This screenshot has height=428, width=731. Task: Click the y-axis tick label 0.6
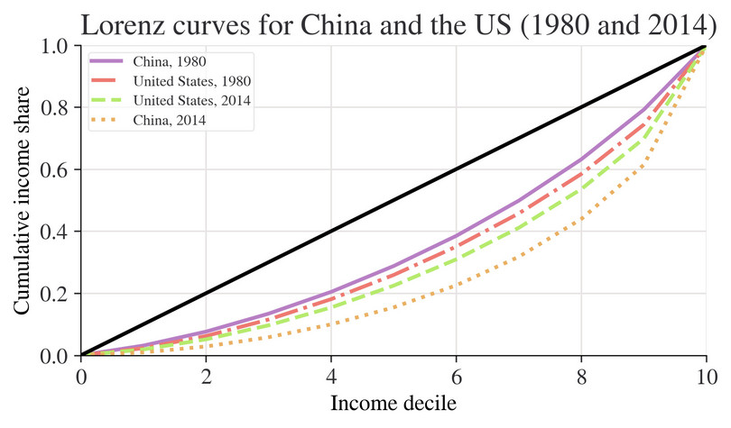pyautogui.click(x=56, y=169)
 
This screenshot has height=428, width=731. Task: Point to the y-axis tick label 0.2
pyautogui.click(x=56, y=294)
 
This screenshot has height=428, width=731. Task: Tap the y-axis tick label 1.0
pyautogui.click(x=56, y=46)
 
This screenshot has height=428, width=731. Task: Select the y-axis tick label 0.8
pyautogui.click(x=56, y=108)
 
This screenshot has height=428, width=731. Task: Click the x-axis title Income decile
pyautogui.click(x=393, y=402)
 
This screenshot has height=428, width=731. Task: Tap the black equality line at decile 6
pyautogui.click(x=457, y=169)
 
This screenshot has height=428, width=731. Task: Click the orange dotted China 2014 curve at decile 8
pyautogui.click(x=581, y=217)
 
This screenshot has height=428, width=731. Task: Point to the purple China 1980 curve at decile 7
pyautogui.click(x=519, y=200)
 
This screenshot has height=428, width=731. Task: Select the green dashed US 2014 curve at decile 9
pyautogui.click(x=643, y=139)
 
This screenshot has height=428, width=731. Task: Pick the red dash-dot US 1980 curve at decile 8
pyautogui.click(x=581, y=174)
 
